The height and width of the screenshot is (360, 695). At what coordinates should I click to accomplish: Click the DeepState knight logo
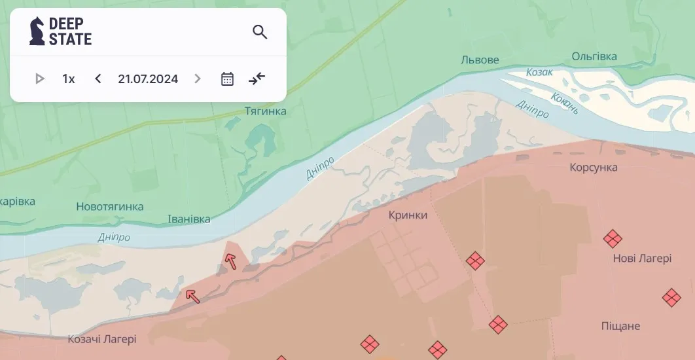[37, 31]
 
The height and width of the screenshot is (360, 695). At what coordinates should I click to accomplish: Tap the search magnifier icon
[260, 32]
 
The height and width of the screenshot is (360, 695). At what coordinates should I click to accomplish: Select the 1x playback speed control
[69, 79]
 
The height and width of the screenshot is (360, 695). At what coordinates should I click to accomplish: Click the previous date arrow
[98, 79]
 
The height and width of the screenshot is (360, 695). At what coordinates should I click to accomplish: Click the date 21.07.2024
[148, 79]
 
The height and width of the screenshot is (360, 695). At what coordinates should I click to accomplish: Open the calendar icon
[227, 79]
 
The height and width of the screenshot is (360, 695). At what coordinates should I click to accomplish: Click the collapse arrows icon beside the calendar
[257, 79]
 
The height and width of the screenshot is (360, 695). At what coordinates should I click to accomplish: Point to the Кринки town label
[408, 215]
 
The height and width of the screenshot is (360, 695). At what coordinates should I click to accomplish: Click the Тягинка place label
[265, 111]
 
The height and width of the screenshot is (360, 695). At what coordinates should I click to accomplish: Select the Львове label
[480, 60]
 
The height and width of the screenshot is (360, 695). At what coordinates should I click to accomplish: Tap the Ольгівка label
[594, 56]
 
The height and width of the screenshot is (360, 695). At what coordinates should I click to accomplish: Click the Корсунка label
[593, 168]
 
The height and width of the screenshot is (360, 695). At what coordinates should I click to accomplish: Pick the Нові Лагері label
[642, 259]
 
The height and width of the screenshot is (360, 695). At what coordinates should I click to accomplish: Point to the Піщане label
[620, 326]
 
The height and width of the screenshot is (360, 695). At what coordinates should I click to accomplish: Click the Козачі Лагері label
[102, 339]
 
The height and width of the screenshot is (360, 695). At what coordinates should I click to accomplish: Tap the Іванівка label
[189, 219]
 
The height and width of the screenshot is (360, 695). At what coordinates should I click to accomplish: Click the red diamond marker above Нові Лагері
[613, 238]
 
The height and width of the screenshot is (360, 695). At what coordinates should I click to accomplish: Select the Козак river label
[539, 72]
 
